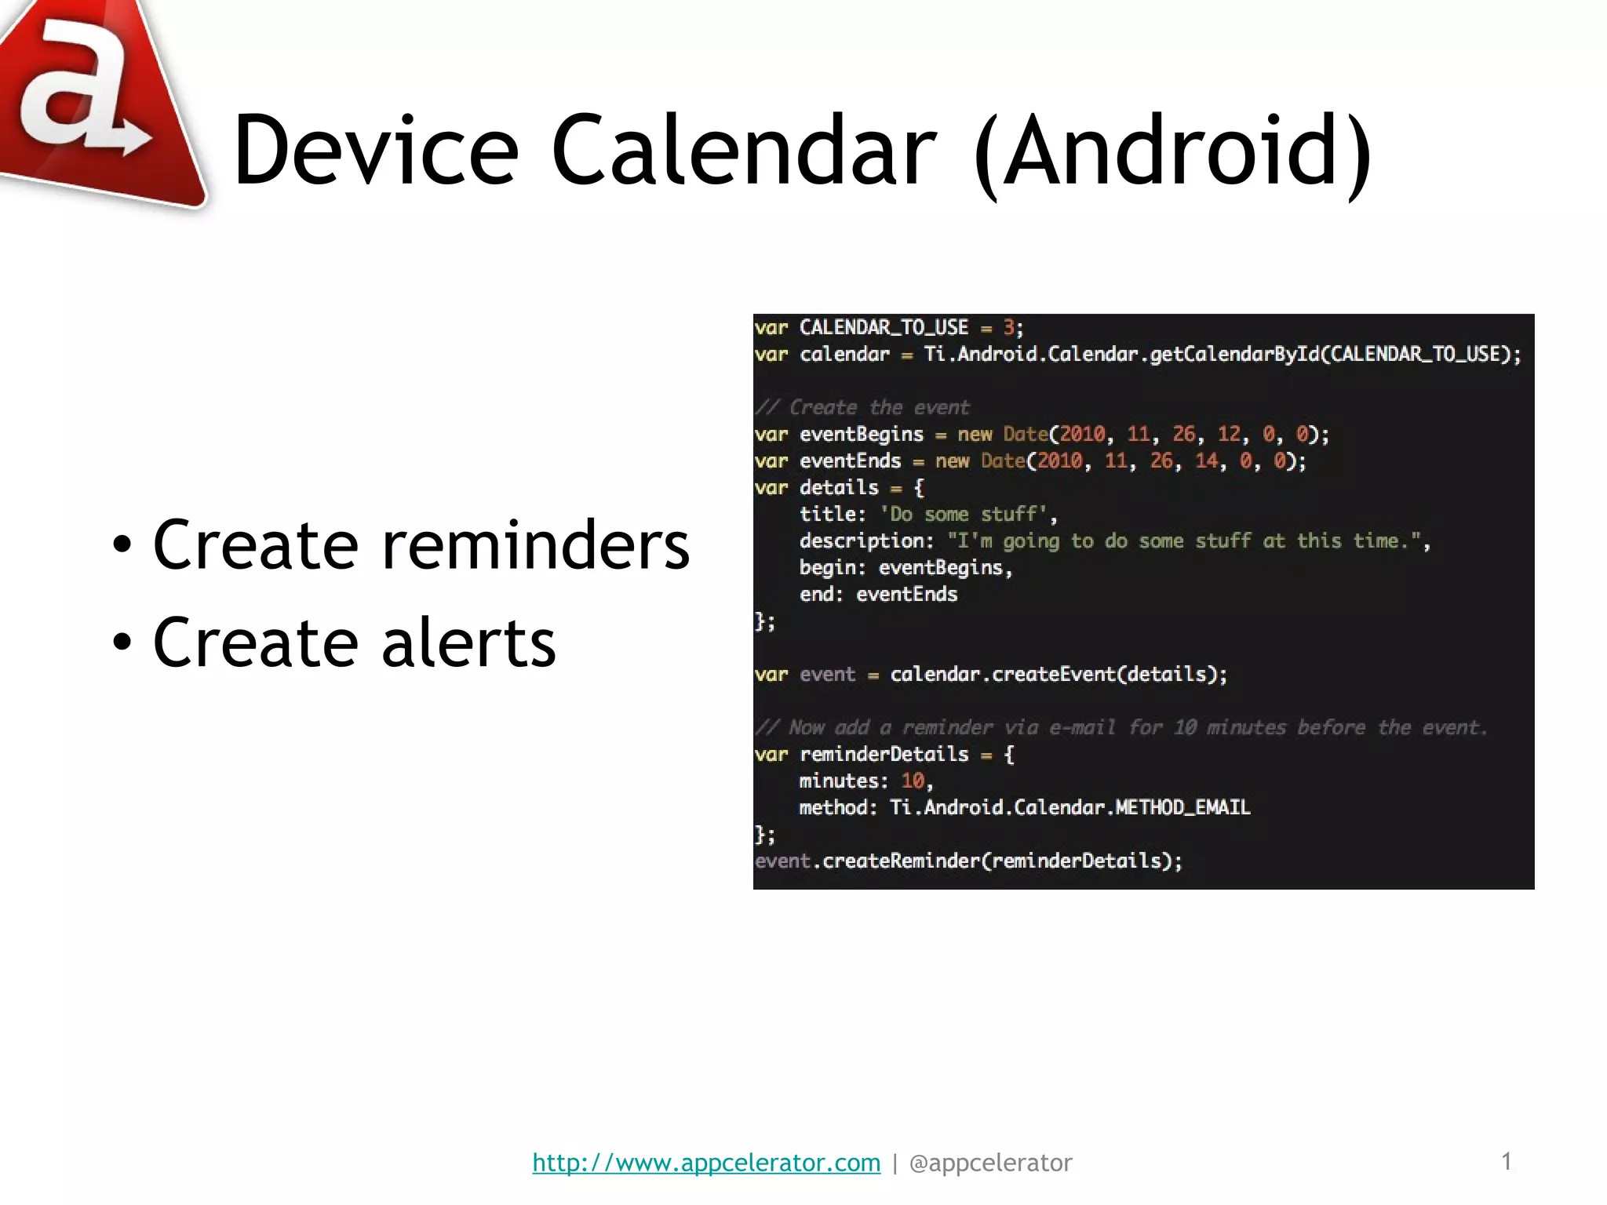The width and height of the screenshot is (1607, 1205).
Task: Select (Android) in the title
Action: point(1172,151)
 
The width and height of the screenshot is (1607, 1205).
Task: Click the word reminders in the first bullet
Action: point(535,545)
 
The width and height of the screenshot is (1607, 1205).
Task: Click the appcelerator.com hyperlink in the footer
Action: point(706,1163)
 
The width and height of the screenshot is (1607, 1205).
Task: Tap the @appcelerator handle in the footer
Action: point(990,1163)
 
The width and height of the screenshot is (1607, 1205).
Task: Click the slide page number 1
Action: point(1506,1161)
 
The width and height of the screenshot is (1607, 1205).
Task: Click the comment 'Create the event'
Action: point(879,408)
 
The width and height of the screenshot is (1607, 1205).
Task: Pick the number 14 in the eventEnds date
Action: point(1206,461)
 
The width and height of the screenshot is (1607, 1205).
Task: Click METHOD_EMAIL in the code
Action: point(1182,808)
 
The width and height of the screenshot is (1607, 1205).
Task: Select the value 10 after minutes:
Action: point(913,781)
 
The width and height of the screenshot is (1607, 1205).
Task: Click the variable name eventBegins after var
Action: point(861,435)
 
